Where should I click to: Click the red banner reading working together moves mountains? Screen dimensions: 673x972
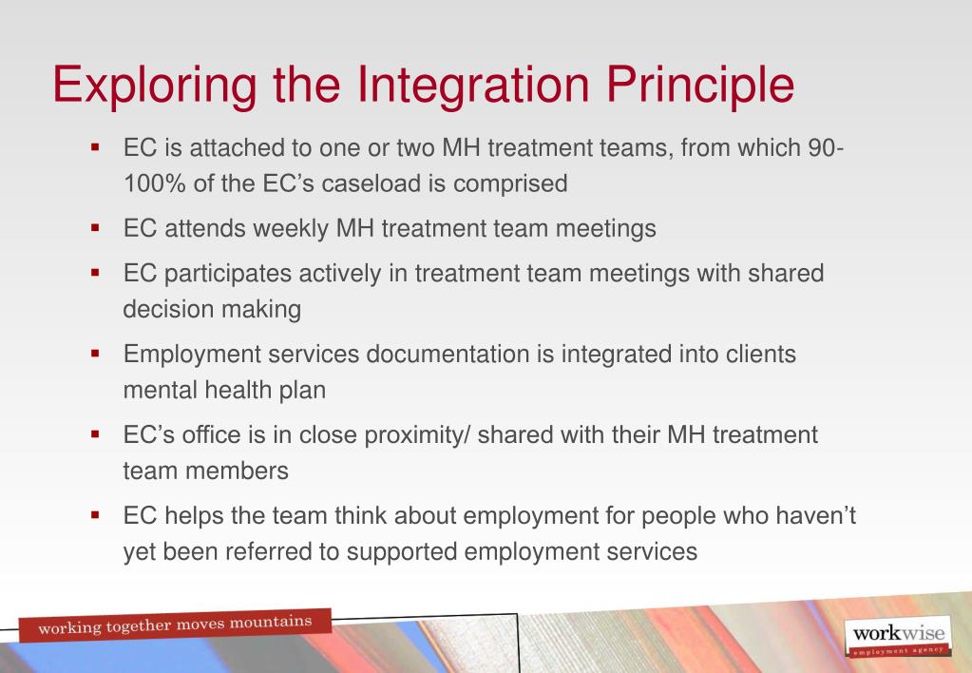[x=170, y=625]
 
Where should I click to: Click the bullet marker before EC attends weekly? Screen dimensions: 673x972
[x=94, y=229]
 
